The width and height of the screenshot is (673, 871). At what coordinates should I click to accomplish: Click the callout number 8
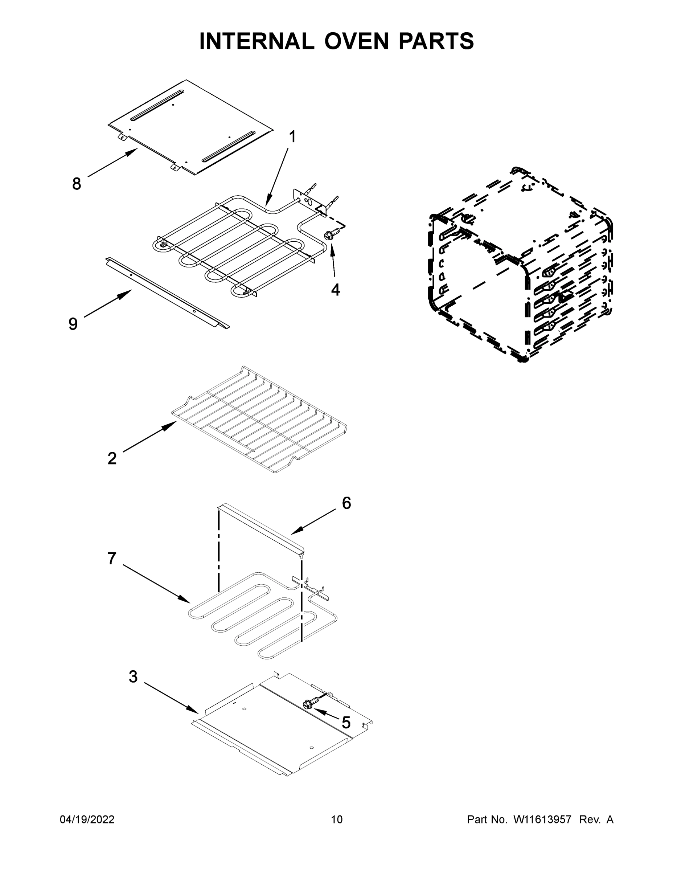point(77,184)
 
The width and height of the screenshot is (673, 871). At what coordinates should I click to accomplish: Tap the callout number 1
point(292,137)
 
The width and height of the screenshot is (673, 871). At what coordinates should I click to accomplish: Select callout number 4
point(335,290)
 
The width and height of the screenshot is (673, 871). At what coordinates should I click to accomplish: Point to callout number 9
point(73,323)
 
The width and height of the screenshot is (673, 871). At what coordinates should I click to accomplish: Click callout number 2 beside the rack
point(112,459)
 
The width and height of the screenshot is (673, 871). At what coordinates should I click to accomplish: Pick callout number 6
point(346,503)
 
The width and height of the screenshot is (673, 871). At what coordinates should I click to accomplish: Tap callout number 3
point(133,677)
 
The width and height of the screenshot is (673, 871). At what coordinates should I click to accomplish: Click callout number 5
point(346,722)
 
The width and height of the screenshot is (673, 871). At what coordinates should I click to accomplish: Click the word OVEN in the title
point(356,41)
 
